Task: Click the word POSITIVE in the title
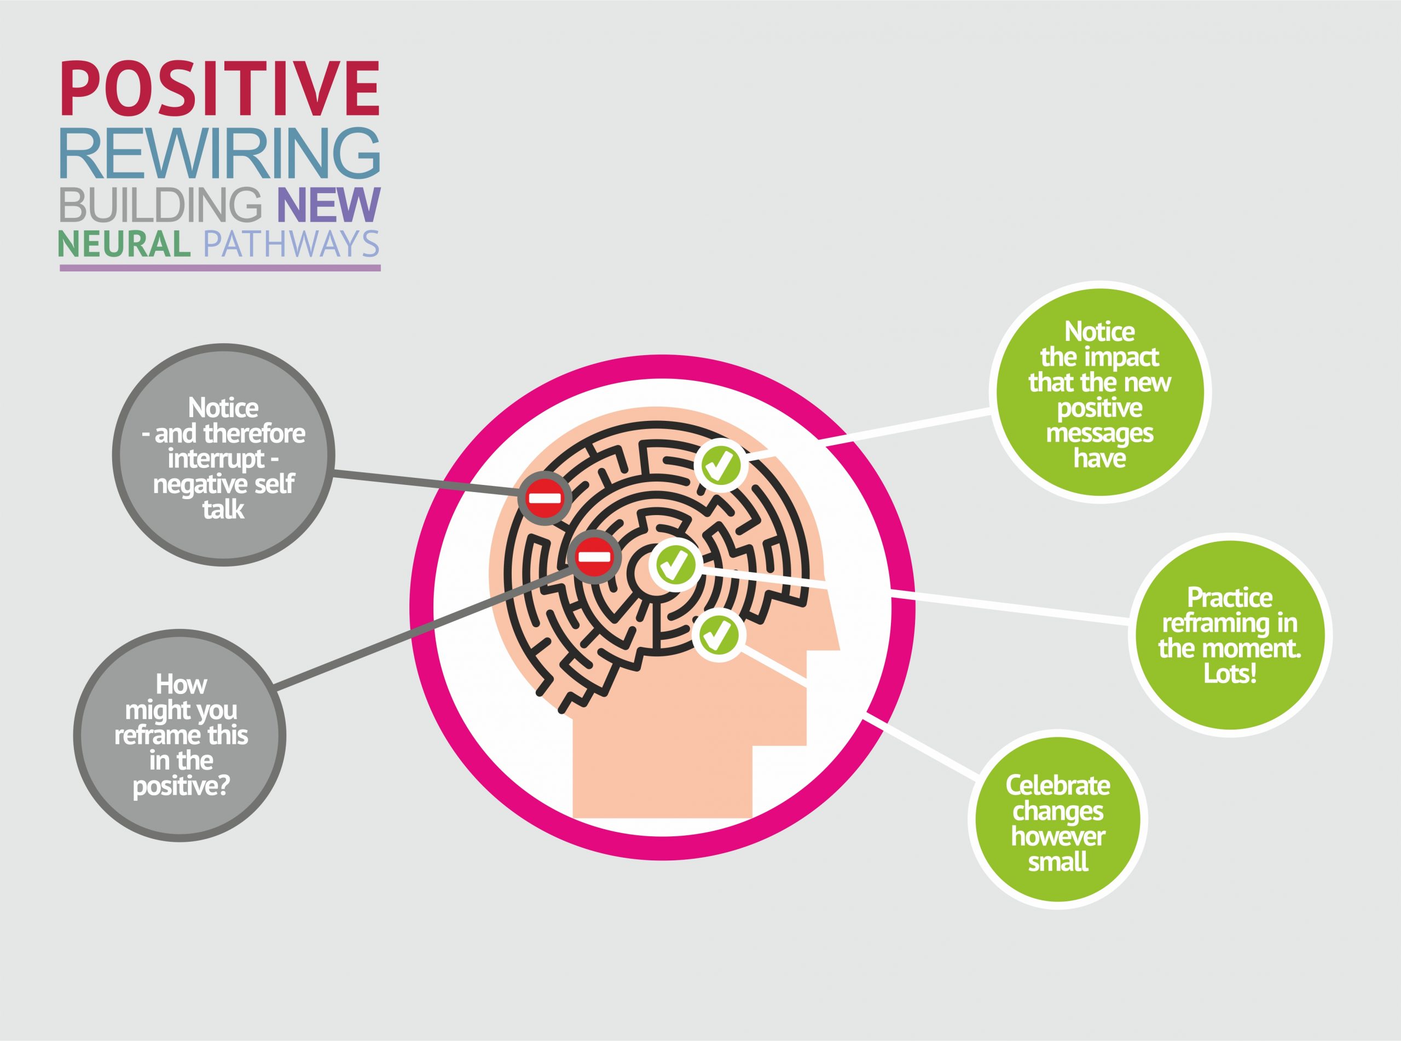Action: (220, 88)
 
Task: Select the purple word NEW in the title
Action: (329, 204)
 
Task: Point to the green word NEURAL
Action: (125, 244)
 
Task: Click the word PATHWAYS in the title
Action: (292, 244)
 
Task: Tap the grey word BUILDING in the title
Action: (161, 204)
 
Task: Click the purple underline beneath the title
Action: (220, 268)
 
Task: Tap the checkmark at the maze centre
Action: (675, 565)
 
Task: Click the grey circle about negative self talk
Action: (224, 455)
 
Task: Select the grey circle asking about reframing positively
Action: (180, 736)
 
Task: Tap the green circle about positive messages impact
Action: (1100, 392)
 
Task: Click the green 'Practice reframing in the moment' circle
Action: (1230, 635)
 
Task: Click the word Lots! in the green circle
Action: (1230, 674)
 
